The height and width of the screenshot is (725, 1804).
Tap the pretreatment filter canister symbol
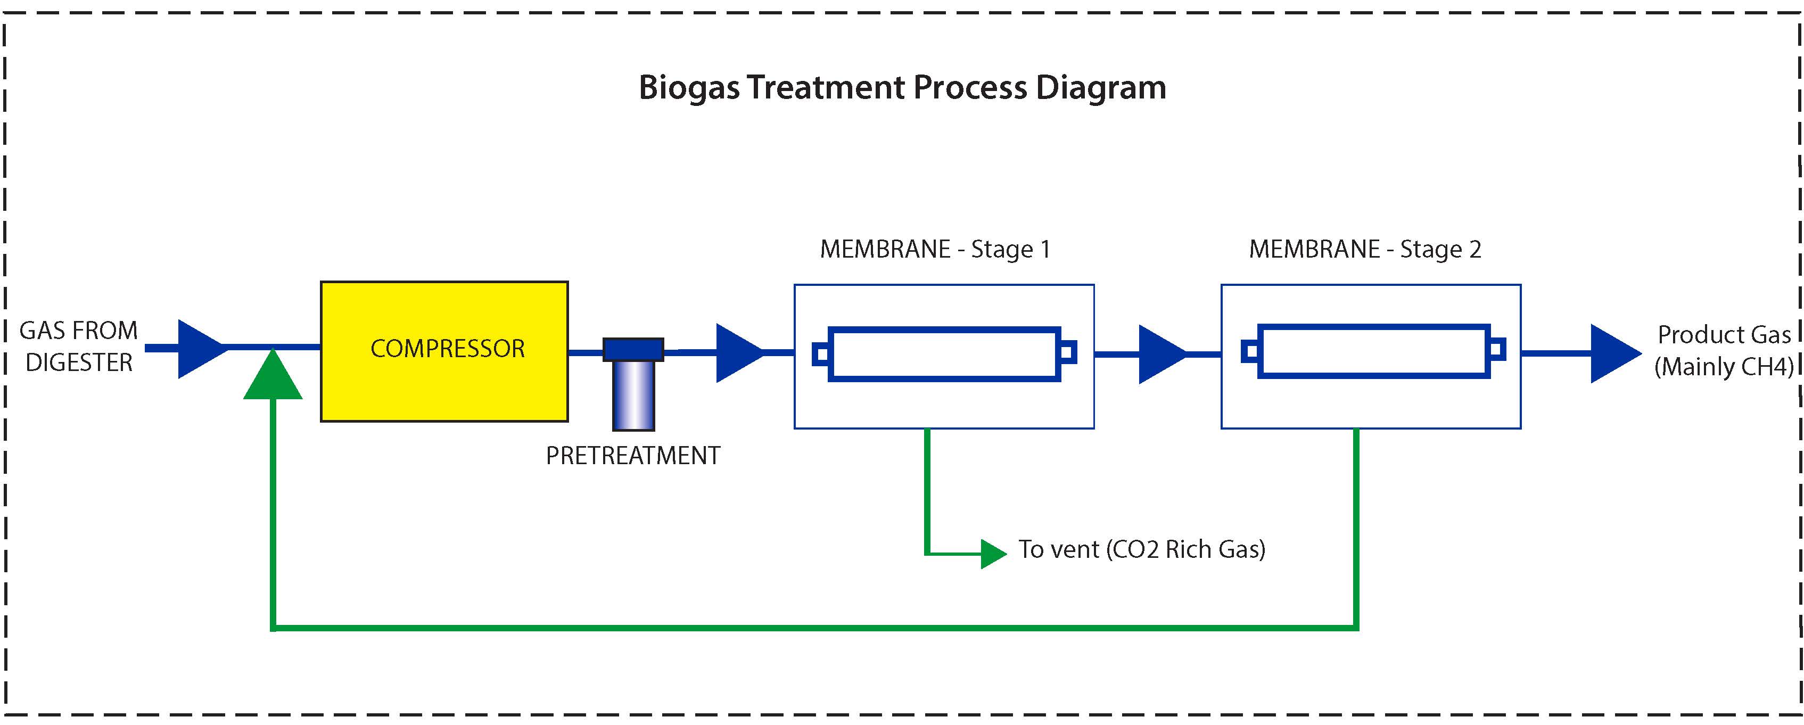pos(633,384)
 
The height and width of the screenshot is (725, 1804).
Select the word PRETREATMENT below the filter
pos(633,456)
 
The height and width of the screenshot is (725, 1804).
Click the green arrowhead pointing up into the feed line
pos(273,374)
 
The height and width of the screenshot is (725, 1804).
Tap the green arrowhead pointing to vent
pos(994,554)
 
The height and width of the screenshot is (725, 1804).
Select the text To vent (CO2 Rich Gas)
pos(1141,549)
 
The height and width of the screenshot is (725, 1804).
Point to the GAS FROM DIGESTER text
pos(78,346)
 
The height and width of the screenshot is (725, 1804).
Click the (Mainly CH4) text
pos(1724,366)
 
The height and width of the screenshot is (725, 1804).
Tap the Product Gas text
pos(1724,335)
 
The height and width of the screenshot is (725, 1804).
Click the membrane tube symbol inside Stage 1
pos(944,354)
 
